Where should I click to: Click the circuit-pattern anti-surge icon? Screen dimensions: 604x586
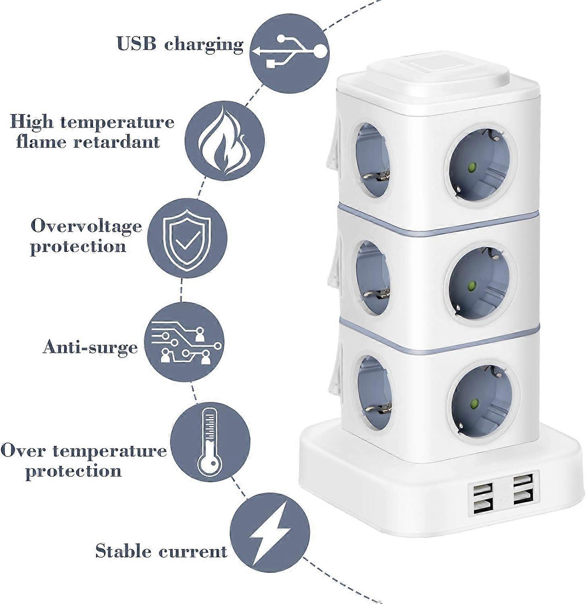184,342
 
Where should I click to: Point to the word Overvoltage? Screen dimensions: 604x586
86,226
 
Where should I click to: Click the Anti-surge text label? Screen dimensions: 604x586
90,347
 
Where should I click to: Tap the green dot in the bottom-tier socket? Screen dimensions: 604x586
474,403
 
